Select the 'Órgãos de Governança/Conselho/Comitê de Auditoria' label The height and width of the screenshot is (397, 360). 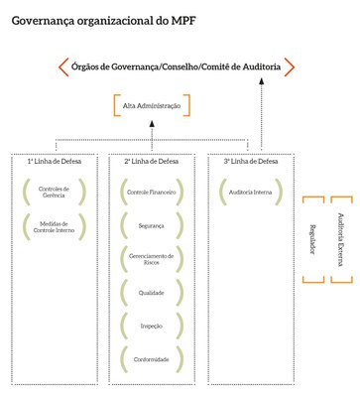(177, 67)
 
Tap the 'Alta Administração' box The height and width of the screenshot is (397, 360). (152, 104)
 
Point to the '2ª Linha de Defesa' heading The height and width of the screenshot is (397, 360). (152, 160)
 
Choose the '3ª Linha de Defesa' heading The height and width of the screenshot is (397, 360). (248, 160)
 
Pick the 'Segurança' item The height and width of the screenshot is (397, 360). (152, 225)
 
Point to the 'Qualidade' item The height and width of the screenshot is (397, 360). (152, 293)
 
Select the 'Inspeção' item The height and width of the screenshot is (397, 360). (152, 326)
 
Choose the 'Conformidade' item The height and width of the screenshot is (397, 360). (152, 358)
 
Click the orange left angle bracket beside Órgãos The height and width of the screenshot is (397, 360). (61, 67)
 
